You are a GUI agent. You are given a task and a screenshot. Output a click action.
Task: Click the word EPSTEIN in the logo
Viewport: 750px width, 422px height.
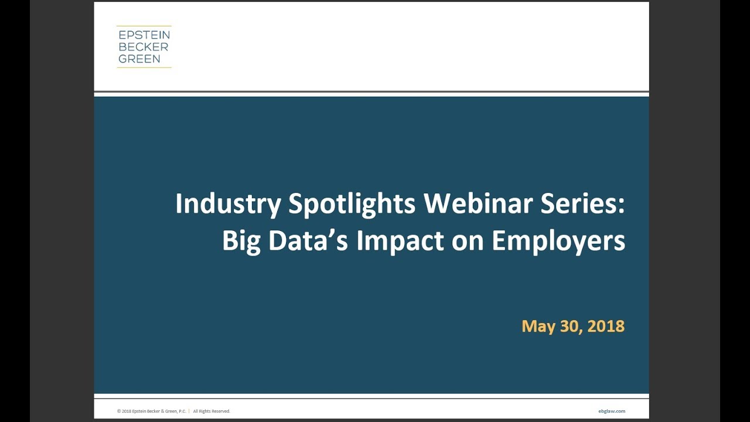[144, 35]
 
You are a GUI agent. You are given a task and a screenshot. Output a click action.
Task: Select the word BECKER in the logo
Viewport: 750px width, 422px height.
[143, 47]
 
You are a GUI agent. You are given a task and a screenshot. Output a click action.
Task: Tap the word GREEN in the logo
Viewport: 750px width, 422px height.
[139, 59]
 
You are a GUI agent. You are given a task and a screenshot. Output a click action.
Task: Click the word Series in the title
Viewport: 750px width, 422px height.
[580, 203]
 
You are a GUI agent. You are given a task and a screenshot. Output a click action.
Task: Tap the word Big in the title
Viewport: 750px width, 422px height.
[241, 241]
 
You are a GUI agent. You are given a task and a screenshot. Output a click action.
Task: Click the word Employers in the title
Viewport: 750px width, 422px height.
[558, 241]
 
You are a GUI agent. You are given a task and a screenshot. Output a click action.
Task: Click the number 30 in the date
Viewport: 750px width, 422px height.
[567, 326]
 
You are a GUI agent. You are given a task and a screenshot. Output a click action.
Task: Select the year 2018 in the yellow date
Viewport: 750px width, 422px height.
[606, 326]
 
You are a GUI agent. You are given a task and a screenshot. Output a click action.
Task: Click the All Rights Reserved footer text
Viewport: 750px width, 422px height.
[212, 411]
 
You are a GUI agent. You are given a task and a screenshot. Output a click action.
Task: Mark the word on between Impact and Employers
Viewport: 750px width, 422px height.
[469, 241]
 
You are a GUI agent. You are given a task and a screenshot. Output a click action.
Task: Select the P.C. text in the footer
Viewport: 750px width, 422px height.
[182, 411]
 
